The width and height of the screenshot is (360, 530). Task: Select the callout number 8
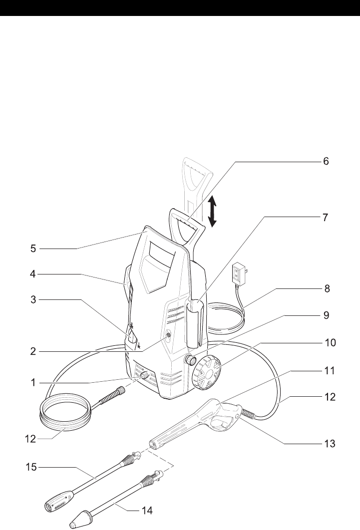[325, 288]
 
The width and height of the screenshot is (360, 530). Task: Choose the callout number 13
[328, 442]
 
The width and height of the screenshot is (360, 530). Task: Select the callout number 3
[33, 299]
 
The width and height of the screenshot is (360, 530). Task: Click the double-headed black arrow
[212, 211]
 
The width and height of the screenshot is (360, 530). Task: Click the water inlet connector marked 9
[189, 359]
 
